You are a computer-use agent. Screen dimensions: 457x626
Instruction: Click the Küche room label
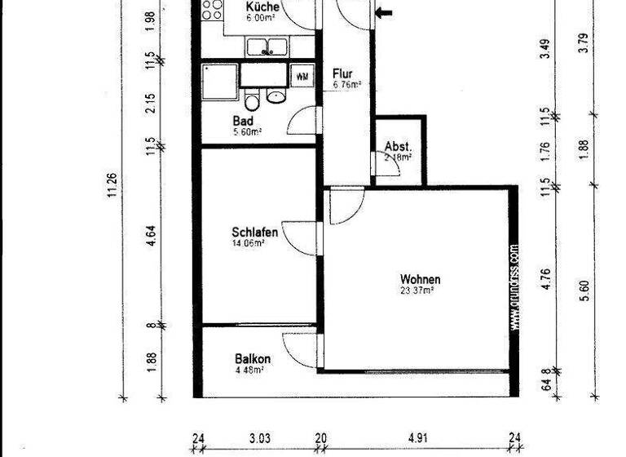point(263,7)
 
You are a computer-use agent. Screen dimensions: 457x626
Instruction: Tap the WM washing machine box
point(302,77)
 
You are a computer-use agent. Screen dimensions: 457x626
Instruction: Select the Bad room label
point(243,121)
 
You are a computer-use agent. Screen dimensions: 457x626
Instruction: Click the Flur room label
point(342,72)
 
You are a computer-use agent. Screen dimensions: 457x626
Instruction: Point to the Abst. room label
point(398,147)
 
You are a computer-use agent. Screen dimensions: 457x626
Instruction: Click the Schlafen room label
point(254,233)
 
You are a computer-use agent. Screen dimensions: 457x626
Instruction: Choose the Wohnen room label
point(421,280)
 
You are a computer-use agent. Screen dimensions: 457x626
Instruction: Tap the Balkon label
point(253,359)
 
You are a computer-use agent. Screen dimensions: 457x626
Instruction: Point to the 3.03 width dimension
point(259,439)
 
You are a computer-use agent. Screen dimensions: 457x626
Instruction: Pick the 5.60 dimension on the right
point(583,290)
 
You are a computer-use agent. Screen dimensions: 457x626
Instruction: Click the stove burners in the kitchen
point(213,10)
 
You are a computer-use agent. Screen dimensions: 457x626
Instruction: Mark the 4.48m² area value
point(249,370)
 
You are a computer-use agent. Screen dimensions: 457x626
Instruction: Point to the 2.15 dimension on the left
point(152,102)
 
